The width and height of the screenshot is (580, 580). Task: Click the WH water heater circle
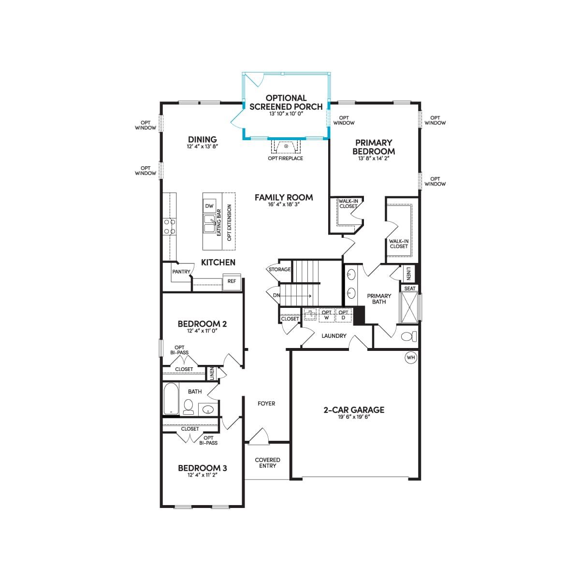click(410, 358)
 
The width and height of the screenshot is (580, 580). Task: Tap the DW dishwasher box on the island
click(209, 206)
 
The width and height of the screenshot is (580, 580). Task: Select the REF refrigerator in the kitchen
click(232, 281)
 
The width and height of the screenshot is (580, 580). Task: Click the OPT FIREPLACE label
click(285, 159)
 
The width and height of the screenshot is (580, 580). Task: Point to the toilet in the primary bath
click(409, 336)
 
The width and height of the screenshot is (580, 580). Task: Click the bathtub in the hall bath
click(171, 399)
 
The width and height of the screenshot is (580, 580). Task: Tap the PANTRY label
click(181, 272)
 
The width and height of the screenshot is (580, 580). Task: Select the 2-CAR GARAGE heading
click(354, 410)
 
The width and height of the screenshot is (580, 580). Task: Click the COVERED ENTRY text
click(267, 463)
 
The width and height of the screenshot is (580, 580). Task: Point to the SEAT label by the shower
click(410, 289)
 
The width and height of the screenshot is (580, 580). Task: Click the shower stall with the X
click(409, 307)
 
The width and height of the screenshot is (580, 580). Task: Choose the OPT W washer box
click(327, 315)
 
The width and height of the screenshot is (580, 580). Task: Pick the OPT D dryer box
click(343, 315)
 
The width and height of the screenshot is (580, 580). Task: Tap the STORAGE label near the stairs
click(280, 269)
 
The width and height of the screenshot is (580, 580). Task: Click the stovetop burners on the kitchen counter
click(170, 227)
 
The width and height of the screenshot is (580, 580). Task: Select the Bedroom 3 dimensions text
click(202, 475)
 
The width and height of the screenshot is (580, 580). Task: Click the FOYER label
click(266, 404)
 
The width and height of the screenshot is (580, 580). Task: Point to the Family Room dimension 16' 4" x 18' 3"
click(284, 204)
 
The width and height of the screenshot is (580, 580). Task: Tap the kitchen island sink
click(210, 224)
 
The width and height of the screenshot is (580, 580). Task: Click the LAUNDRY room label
click(334, 336)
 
